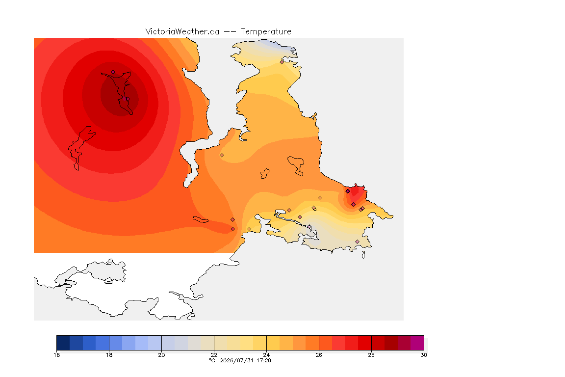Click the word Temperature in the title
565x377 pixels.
coord(266,32)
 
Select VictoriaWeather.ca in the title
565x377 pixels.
coord(182,32)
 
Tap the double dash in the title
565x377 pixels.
coord(230,32)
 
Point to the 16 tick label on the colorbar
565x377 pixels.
coord(56,355)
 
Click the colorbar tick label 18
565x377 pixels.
coord(109,355)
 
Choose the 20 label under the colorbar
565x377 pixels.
coord(161,355)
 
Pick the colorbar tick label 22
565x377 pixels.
coord(214,355)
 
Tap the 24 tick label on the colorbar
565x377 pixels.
coord(266,355)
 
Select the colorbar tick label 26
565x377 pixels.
coord(319,355)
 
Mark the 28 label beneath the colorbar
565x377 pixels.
coord(371,355)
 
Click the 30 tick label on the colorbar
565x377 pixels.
coord(424,355)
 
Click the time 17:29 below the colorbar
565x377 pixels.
coord(264,360)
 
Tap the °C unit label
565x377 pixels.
coord(212,360)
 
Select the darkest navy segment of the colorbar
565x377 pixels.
coord(63,343)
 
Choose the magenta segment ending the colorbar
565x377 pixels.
coord(417,343)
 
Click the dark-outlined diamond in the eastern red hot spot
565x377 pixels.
coord(348,191)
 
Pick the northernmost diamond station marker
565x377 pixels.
coord(282,62)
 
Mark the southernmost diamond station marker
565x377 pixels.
coord(357,242)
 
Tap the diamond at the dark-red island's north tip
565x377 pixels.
coord(113,72)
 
